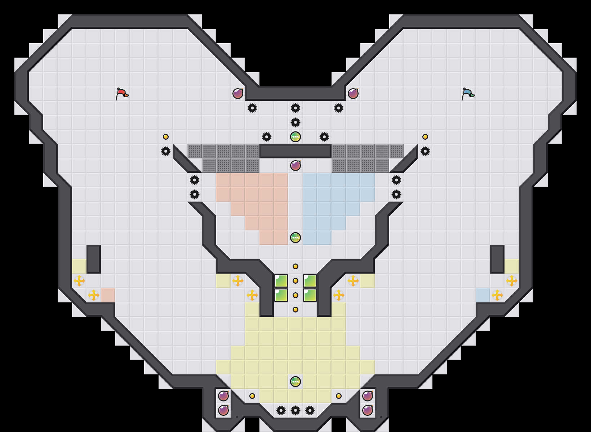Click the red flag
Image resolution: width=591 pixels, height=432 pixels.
pos(122,94)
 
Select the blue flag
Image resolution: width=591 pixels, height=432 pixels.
pos(468,94)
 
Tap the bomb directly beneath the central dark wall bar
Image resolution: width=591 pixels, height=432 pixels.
pos(295,166)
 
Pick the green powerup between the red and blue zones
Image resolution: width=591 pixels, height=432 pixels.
pos(295,238)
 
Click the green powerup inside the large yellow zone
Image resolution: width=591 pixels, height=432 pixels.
pos(295,382)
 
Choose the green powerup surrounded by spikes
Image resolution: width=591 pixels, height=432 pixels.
pos(295,137)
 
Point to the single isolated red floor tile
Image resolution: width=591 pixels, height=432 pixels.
pos(108,295)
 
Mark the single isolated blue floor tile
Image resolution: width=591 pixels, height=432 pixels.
pos(483,295)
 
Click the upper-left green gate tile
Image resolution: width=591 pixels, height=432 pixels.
pos(281,281)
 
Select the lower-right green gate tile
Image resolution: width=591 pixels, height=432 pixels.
pos(310,295)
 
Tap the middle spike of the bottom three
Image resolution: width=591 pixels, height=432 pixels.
pos(295,410)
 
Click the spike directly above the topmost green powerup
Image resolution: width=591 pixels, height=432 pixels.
pos(295,122)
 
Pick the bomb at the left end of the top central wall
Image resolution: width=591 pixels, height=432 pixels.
pos(238,94)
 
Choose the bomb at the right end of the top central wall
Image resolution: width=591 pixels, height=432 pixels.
pos(353,94)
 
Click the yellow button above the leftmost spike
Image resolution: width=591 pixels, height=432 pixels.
pos(166,137)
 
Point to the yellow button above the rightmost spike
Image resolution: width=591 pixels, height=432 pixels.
pos(425,137)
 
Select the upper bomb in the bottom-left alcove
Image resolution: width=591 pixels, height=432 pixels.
pos(223,396)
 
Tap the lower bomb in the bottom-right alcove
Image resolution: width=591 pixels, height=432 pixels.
pos(368,410)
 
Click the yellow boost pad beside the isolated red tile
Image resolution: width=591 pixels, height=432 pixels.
pos(94,295)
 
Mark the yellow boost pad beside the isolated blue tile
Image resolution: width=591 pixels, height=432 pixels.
pos(497,295)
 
